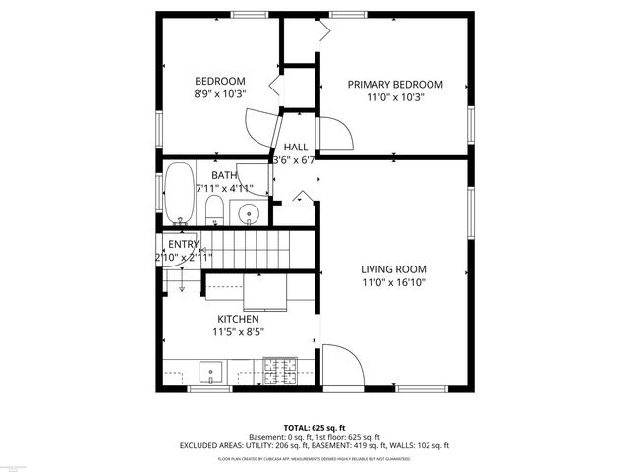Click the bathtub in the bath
(x=179, y=194)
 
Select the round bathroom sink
(x=248, y=211)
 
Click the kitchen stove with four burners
(x=279, y=372)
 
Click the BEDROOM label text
(x=219, y=81)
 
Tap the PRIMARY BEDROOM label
(x=395, y=85)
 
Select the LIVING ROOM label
(x=392, y=269)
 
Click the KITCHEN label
(x=238, y=319)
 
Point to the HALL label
(x=296, y=147)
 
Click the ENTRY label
(x=184, y=244)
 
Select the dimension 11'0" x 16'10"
(x=392, y=282)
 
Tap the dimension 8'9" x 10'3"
(x=219, y=93)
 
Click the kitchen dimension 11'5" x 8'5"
(x=238, y=331)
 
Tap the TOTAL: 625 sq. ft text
(x=314, y=428)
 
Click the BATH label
(x=224, y=175)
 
